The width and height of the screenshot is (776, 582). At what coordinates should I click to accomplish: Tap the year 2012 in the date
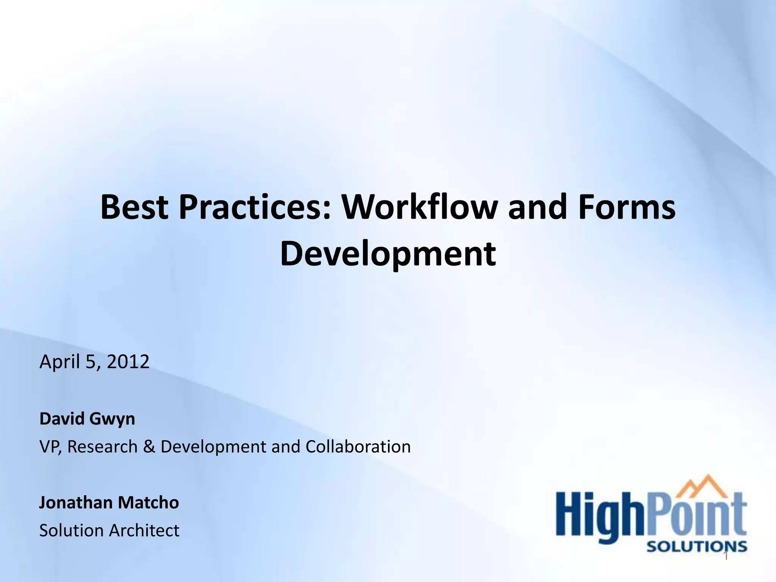[128, 361]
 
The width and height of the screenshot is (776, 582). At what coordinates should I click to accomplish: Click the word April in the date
[59, 362]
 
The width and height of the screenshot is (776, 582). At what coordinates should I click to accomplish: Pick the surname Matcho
[148, 502]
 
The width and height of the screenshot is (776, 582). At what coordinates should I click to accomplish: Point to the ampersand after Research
[149, 447]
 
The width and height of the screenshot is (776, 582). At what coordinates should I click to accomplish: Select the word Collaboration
[358, 446]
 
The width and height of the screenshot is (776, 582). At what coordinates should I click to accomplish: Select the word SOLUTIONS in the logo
[696, 546]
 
